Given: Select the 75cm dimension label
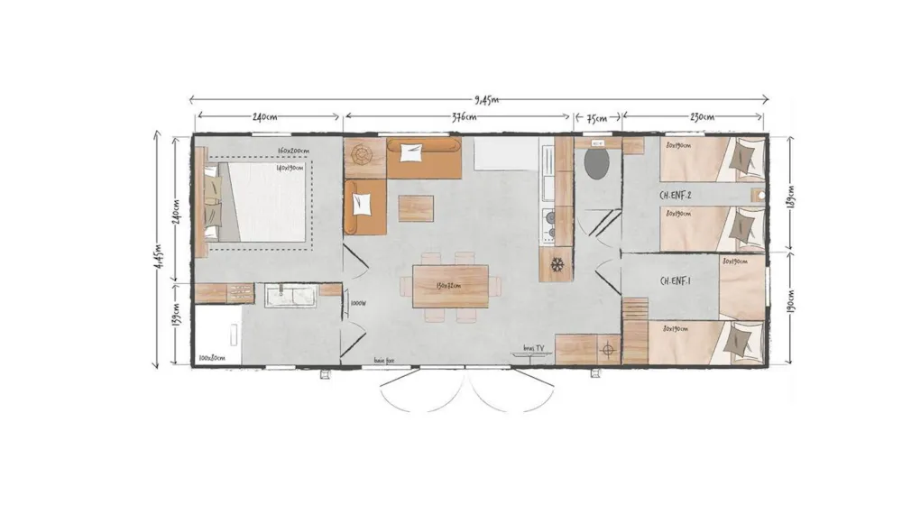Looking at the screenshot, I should point(597,117).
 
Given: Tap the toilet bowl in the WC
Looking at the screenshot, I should point(596,164).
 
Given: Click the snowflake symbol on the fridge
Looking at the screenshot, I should point(557,265).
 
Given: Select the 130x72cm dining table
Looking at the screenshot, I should point(450,285).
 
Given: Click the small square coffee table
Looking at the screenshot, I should point(415,208).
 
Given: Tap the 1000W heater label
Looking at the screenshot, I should point(357,304).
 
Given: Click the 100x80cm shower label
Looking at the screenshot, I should point(213,358).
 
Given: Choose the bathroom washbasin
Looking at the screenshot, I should point(290,295).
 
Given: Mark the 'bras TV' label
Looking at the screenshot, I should point(534,348).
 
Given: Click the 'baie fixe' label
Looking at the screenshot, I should point(385,361).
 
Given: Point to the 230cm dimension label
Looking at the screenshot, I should point(702,117).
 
